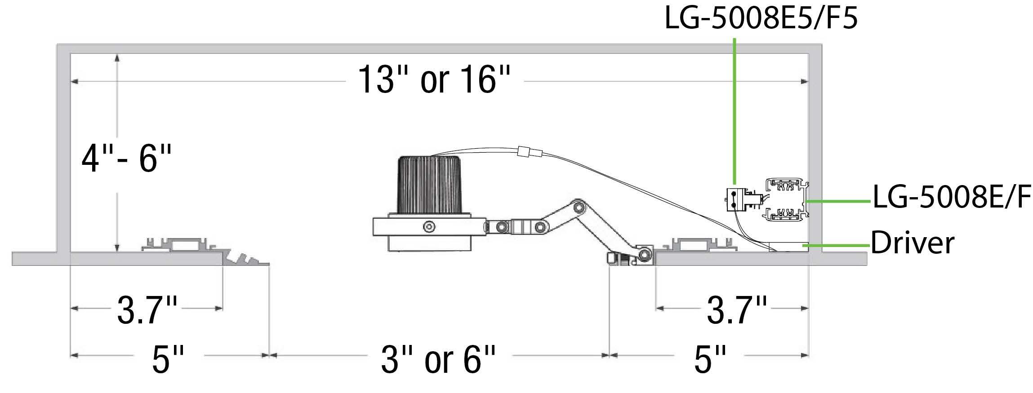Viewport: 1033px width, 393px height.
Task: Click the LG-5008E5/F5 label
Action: (x=761, y=19)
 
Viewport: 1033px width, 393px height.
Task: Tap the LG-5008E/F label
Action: (x=951, y=196)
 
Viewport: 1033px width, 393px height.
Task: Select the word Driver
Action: (x=912, y=243)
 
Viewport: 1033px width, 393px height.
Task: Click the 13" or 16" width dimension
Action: (x=434, y=79)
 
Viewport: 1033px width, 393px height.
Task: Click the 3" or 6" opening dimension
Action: (x=438, y=359)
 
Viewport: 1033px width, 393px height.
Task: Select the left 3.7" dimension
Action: (x=147, y=310)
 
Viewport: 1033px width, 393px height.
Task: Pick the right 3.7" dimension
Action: (x=737, y=310)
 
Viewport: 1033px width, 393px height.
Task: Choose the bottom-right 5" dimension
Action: (x=710, y=359)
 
